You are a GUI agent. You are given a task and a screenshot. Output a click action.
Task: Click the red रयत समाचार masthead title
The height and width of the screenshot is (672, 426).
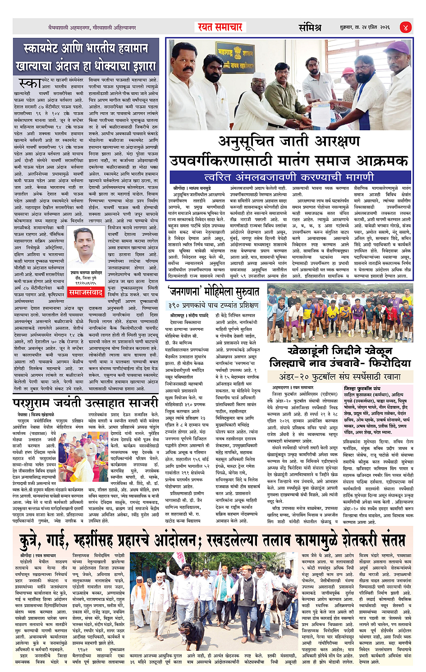[220, 27]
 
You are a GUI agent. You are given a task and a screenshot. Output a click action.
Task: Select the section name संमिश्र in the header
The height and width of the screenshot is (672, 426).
[310, 27]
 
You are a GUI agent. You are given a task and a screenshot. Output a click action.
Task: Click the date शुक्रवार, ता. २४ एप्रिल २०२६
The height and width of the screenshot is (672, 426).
[365, 27]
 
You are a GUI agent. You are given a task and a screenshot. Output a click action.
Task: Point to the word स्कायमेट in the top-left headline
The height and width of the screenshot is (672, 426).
[47, 49]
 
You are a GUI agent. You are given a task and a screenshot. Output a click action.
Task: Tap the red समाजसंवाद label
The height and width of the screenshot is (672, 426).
[86, 293]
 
